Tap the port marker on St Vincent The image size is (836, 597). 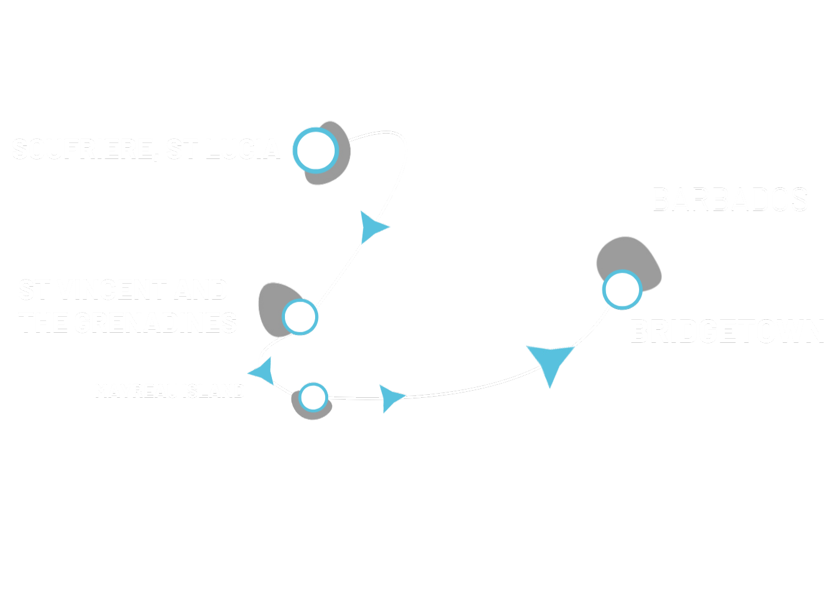[300, 316]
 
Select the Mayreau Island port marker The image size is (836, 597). [313, 397]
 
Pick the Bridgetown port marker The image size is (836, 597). [622, 290]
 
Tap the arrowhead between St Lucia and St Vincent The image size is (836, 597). [373, 227]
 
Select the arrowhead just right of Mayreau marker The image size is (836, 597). [391, 397]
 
